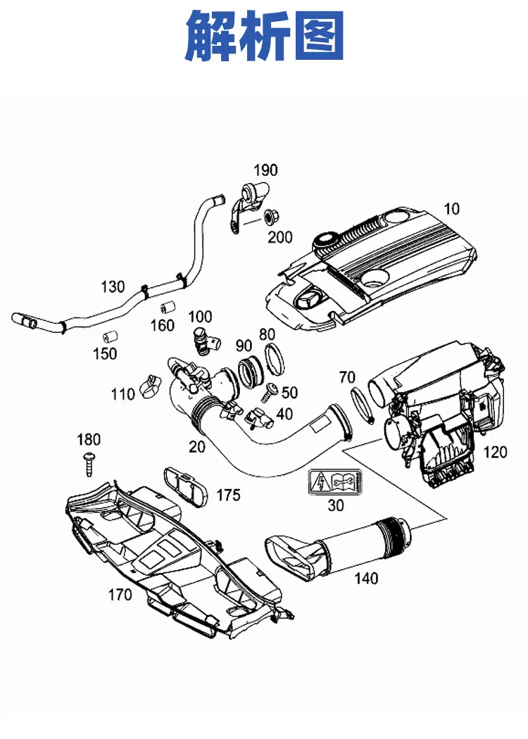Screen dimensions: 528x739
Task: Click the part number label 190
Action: click(x=266, y=170)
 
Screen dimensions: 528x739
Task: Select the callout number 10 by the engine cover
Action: click(x=452, y=208)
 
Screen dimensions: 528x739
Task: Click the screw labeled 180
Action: click(x=89, y=463)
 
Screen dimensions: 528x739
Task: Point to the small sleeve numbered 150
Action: click(x=110, y=337)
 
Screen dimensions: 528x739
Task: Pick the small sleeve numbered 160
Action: click(x=168, y=307)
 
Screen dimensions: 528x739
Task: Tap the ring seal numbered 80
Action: click(x=275, y=359)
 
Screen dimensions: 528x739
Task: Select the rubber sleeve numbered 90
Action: click(x=252, y=371)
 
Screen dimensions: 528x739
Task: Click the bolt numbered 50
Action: click(x=269, y=392)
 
